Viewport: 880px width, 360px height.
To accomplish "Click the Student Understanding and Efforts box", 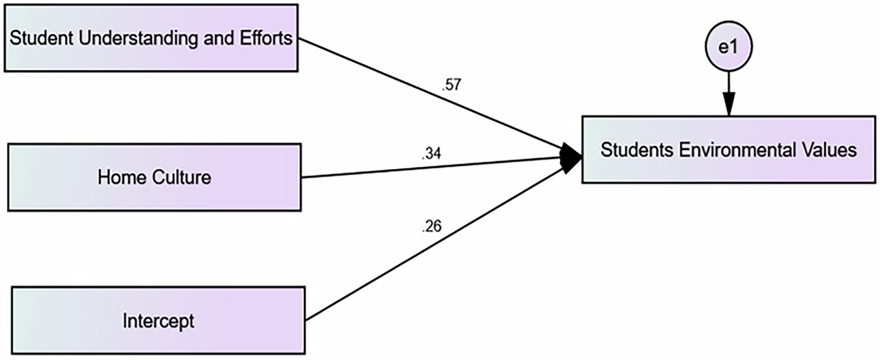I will click(x=151, y=37).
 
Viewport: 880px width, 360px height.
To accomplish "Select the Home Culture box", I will click(x=154, y=177).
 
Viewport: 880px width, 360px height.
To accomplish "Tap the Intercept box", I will click(x=158, y=320).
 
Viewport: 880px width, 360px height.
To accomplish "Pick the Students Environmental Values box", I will click(x=727, y=150).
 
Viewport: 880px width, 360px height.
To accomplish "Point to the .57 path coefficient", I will click(x=450, y=84).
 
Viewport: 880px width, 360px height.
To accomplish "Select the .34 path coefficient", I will click(x=432, y=154).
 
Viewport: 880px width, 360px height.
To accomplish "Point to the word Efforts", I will click(x=269, y=38).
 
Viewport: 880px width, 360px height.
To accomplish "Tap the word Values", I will click(x=830, y=150).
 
